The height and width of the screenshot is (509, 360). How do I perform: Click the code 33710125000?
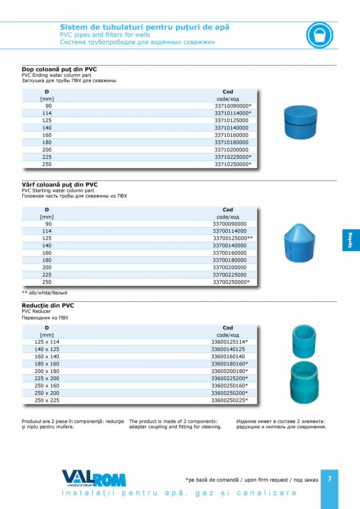pyautogui.click(x=231, y=121)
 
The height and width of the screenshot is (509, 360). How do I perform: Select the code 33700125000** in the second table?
pyautogui.click(x=233, y=238)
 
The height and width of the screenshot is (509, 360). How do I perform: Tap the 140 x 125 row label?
pyautogui.click(x=47, y=349)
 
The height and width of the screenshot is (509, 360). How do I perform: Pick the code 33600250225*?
pyautogui.click(x=229, y=400)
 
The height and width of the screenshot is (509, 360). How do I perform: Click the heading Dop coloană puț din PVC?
pyautogui.click(x=59, y=69)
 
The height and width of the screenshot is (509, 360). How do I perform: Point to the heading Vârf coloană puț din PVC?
pyautogui.click(x=59, y=185)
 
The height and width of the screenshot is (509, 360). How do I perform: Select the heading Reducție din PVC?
pyautogui.click(x=48, y=306)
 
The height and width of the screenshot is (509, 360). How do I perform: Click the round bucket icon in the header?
pyautogui.click(x=319, y=35)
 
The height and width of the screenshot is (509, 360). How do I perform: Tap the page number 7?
pyautogui.click(x=329, y=479)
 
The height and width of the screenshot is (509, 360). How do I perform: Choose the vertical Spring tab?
pyautogui.click(x=351, y=240)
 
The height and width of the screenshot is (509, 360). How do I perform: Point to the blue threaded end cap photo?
pyautogui.click(x=300, y=122)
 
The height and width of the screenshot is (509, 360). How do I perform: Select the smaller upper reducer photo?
pyautogui.click(x=304, y=340)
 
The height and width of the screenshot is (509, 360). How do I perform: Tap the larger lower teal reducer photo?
pyautogui.click(x=304, y=383)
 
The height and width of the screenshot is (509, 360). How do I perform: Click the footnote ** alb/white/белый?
pyautogui.click(x=45, y=293)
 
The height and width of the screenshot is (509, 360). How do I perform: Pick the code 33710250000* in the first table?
pyautogui.click(x=233, y=164)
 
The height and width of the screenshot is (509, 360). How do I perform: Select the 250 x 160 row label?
pyautogui.click(x=47, y=386)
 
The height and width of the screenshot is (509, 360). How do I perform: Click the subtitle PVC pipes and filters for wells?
pyautogui.click(x=105, y=35)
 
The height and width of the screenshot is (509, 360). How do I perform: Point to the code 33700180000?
pyautogui.click(x=229, y=260)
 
